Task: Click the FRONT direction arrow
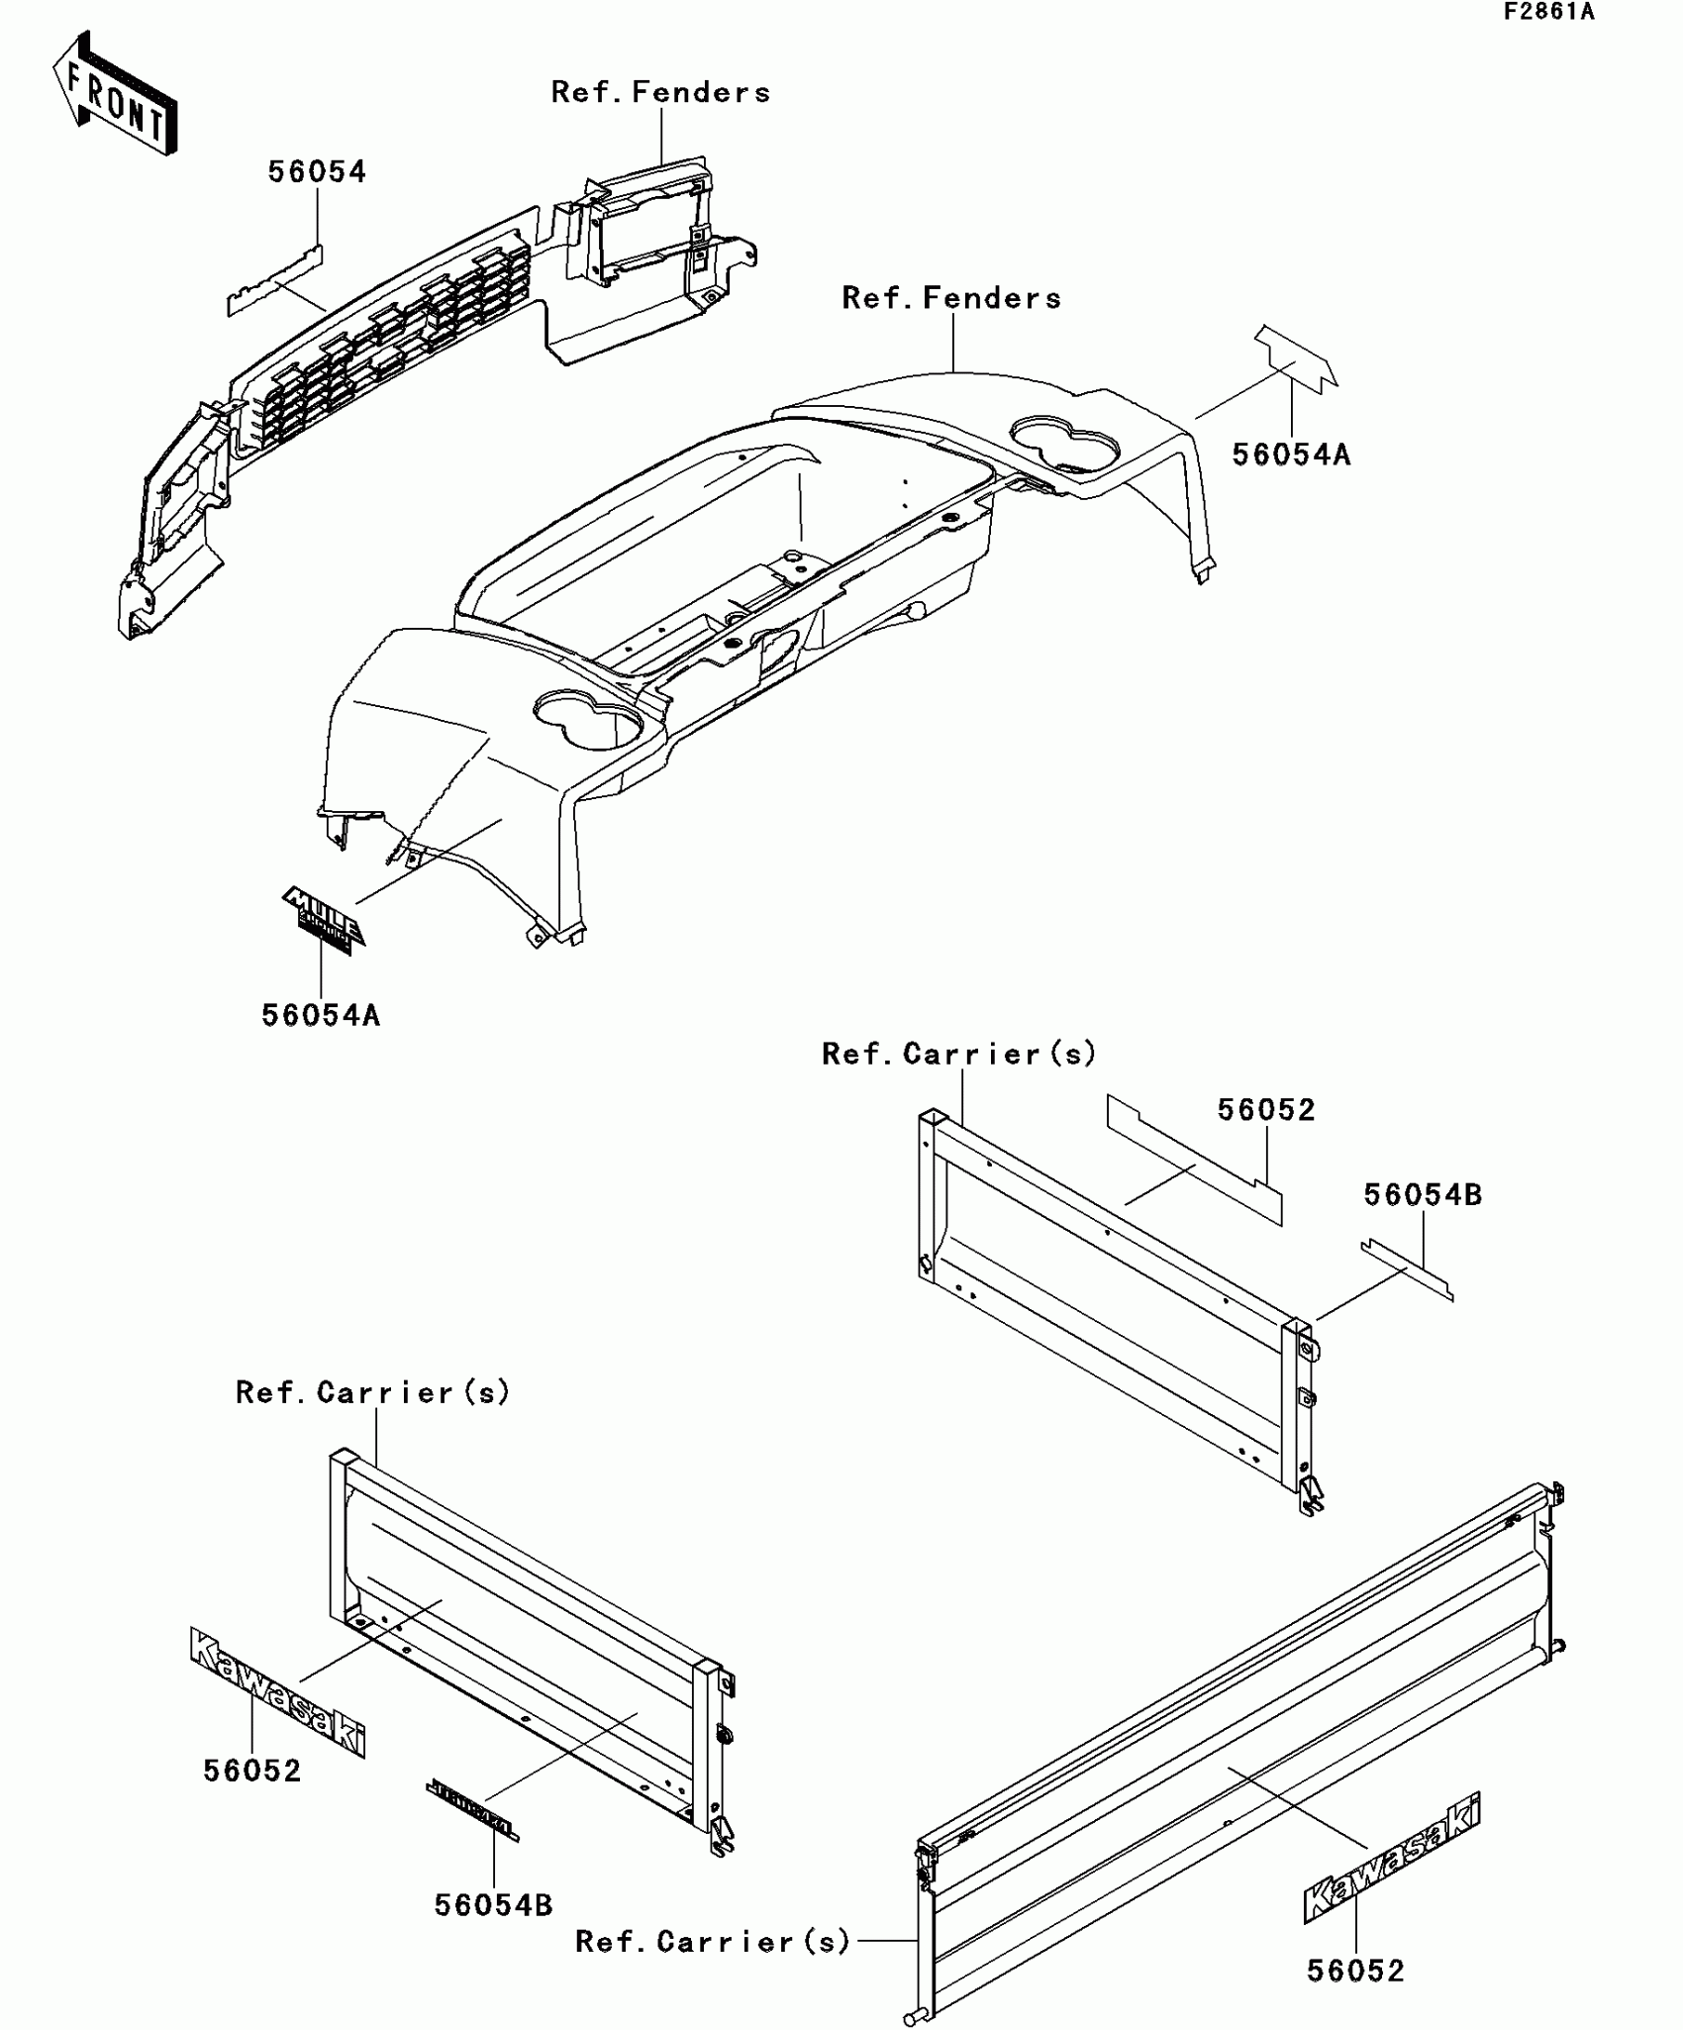click(115, 95)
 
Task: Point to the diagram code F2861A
click(1548, 12)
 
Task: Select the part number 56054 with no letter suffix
click(317, 172)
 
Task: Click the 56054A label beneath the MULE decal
click(321, 1015)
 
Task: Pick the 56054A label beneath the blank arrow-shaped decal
click(1291, 455)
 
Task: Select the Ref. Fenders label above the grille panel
click(660, 93)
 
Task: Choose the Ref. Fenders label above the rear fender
click(951, 298)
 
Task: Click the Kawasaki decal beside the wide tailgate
click(1392, 1858)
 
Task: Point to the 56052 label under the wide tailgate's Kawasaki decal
click(1355, 1971)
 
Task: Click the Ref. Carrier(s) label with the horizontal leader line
click(713, 1941)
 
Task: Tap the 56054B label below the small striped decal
click(493, 1904)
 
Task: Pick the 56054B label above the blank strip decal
click(1423, 1195)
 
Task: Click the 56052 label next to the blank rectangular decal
click(1266, 1110)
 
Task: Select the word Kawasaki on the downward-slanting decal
click(278, 1693)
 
